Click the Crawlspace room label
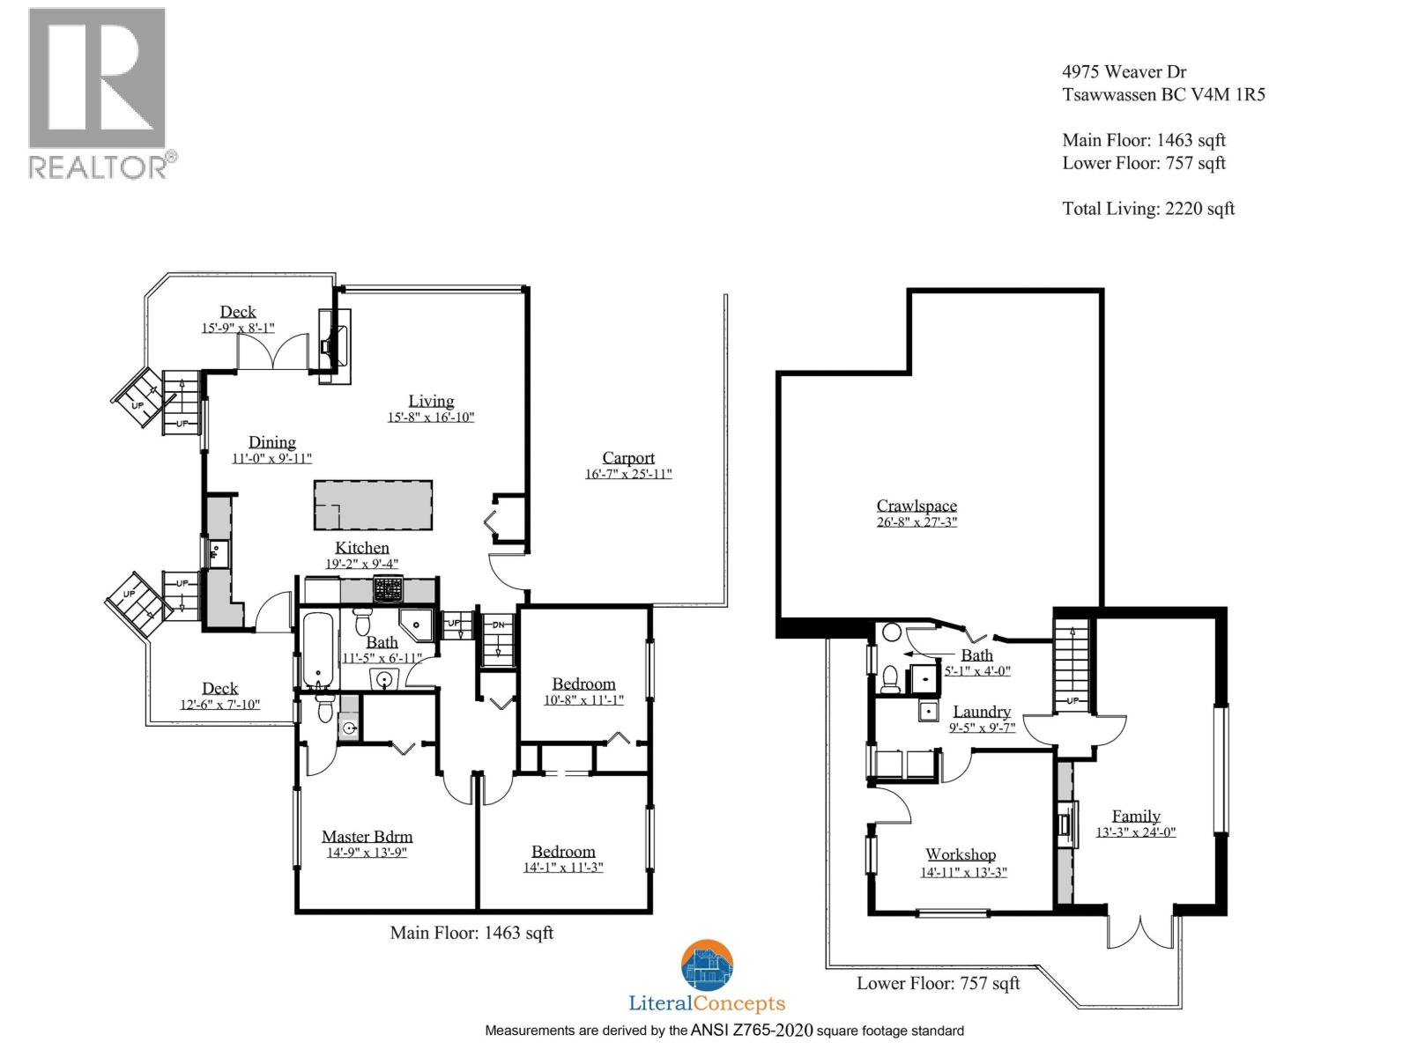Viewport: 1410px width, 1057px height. (x=916, y=506)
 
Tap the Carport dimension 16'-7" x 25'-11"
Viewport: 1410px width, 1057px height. (x=628, y=474)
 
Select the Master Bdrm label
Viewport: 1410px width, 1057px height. (x=367, y=837)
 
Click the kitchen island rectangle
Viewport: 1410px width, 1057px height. (x=374, y=505)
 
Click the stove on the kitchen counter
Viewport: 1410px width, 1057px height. (x=388, y=588)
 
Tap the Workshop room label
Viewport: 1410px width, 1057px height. (x=961, y=854)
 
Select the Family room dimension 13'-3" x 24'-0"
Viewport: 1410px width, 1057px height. (x=1135, y=832)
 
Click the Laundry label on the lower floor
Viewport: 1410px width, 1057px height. (x=982, y=712)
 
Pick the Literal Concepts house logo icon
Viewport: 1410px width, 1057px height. (x=707, y=966)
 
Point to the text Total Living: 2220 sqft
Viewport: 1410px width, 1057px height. (x=1148, y=209)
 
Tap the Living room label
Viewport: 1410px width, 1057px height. (x=431, y=401)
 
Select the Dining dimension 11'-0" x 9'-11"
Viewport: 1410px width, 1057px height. (x=271, y=459)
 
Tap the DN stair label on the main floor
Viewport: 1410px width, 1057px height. (x=498, y=625)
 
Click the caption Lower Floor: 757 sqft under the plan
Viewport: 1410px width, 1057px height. (x=938, y=983)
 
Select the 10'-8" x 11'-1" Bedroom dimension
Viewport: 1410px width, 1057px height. (x=583, y=700)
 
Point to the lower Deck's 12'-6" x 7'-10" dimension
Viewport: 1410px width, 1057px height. (x=219, y=705)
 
